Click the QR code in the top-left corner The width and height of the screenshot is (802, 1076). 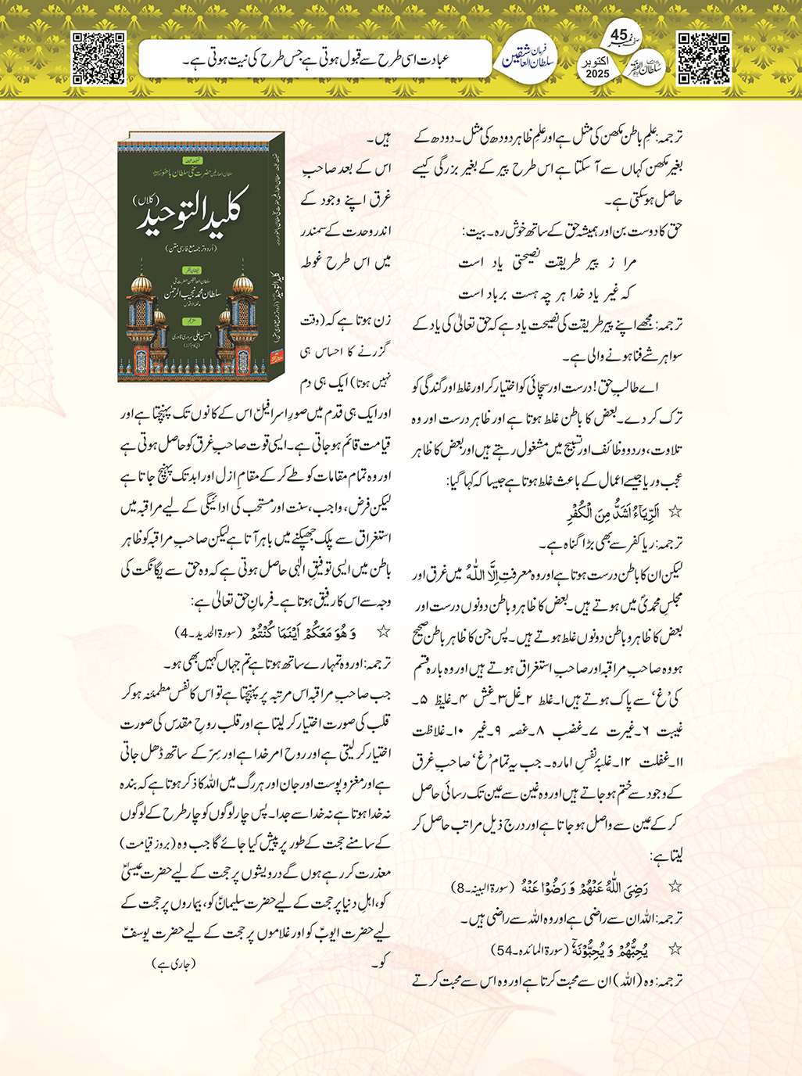98,58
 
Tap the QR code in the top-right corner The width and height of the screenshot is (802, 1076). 704,58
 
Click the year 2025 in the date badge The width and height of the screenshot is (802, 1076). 597,74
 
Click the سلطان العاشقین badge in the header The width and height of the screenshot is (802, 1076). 528,56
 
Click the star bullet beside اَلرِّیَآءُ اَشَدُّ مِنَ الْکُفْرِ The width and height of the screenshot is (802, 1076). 675,513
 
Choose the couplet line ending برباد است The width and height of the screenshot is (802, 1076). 546,293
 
